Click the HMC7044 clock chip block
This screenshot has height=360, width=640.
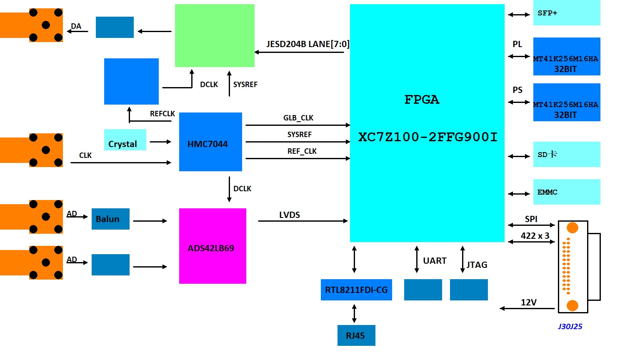pyautogui.click(x=210, y=142)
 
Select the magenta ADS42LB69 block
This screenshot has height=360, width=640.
pyautogui.click(x=212, y=246)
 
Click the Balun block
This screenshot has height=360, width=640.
pyautogui.click(x=110, y=219)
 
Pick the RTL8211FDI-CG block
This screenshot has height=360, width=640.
pyautogui.click(x=356, y=290)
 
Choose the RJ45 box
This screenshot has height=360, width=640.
pyautogui.click(x=356, y=335)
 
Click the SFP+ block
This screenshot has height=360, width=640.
pyautogui.click(x=567, y=13)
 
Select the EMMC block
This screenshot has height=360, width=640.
pyautogui.click(x=567, y=192)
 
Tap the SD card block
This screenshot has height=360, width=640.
pyautogui.click(x=567, y=154)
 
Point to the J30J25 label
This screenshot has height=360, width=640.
pyautogui.click(x=570, y=326)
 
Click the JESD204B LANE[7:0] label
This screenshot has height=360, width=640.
pyautogui.click(x=308, y=44)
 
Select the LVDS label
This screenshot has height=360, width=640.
pyautogui.click(x=290, y=215)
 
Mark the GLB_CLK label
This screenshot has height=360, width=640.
pyautogui.click(x=298, y=118)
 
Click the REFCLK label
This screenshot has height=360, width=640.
pyautogui.click(x=162, y=114)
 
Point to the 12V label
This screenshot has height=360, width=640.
pyautogui.click(x=529, y=302)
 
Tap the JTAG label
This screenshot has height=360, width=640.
pyautogui.click(x=477, y=265)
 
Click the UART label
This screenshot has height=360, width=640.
pyautogui.click(x=435, y=261)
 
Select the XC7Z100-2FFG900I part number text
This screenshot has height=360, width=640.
pyautogui.click(x=428, y=137)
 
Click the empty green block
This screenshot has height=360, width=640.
pyautogui.click(x=215, y=35)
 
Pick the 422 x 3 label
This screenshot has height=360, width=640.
pyautogui.click(x=535, y=236)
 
